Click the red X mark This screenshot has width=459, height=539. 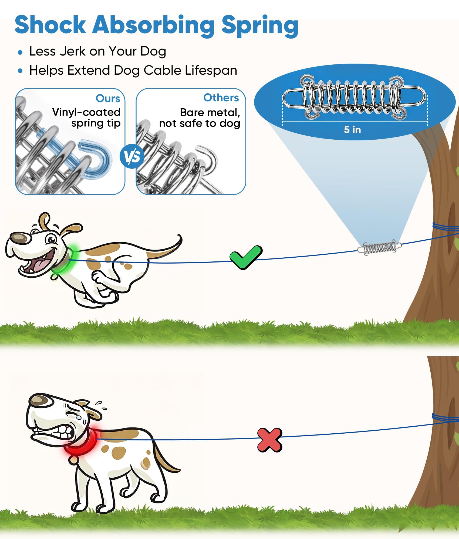tap(270, 440)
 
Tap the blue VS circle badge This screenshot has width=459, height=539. tap(132, 156)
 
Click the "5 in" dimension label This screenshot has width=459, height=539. tap(352, 130)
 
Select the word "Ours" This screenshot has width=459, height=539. tap(108, 98)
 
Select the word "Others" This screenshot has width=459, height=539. tap(221, 98)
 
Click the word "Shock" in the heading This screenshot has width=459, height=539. tap(50, 25)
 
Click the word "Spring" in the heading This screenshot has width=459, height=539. tap(260, 26)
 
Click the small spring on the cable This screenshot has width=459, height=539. tap(379, 247)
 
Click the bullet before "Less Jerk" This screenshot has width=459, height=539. tap(20, 52)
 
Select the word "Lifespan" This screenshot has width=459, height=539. tap(211, 71)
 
